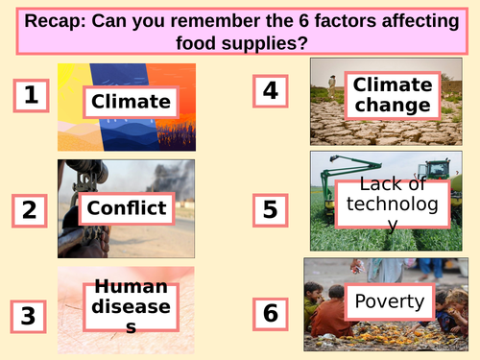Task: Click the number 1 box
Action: tap(32, 95)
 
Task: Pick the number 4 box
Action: tap(271, 91)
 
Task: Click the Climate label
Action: tap(131, 101)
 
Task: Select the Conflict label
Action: tap(127, 207)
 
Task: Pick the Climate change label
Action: tap(391, 95)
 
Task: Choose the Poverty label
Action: tap(389, 301)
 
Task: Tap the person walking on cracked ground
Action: tap(332, 86)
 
